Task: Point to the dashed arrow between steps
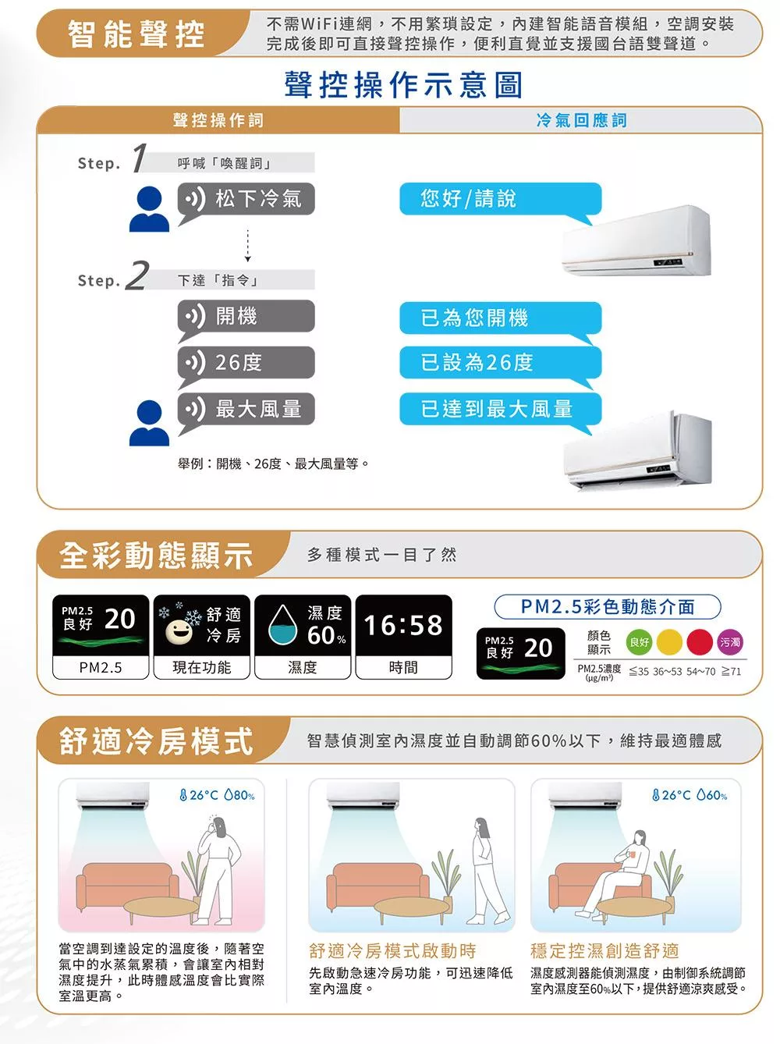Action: coord(247,246)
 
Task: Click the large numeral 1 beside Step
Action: coord(138,158)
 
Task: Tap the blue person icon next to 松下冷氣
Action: coord(149,209)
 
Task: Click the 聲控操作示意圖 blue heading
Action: coord(403,85)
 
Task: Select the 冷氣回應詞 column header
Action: coord(581,120)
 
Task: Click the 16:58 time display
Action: coord(403,624)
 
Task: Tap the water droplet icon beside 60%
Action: coord(283,624)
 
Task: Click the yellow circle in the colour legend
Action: coord(669,642)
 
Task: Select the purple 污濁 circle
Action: coord(729,642)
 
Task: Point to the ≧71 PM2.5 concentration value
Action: coord(731,671)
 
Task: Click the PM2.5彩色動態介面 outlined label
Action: coord(608,606)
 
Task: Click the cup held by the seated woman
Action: coord(631,854)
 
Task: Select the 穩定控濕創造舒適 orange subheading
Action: coord(604,951)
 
